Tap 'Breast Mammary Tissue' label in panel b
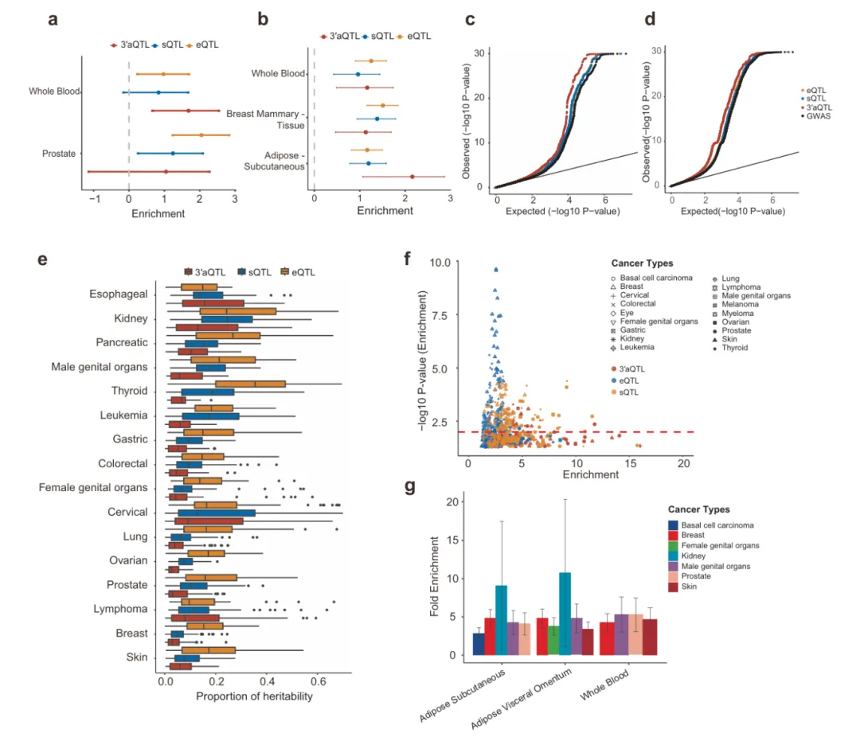[263, 121]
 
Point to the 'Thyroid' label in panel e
[129, 391]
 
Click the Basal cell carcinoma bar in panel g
[479, 644]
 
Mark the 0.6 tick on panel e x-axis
[318, 682]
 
